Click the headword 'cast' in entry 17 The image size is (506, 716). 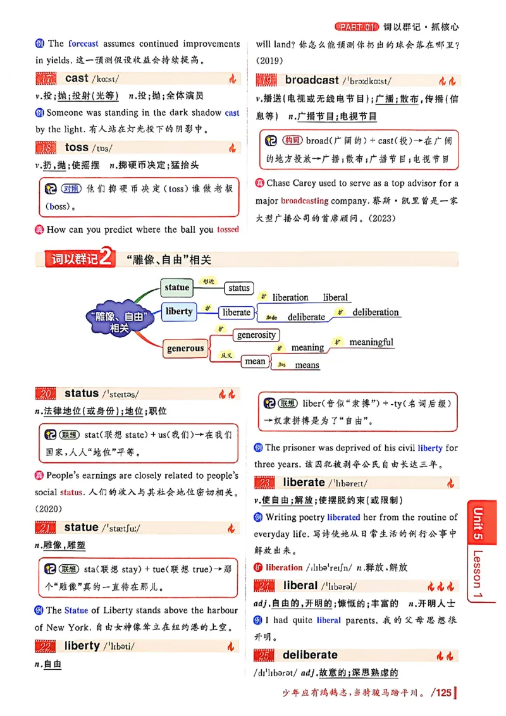point(77,78)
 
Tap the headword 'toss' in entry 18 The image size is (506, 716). point(77,147)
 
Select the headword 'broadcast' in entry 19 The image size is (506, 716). point(312,80)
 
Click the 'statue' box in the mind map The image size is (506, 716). point(176,287)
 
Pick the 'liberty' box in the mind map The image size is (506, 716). point(178,311)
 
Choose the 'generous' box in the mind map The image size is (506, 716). point(185,349)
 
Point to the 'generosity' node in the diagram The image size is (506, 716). point(256,335)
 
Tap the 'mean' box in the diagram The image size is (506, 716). point(255,362)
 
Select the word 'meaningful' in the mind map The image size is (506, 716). point(371,342)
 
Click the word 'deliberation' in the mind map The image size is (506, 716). point(376,312)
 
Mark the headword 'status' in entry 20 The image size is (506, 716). point(82,393)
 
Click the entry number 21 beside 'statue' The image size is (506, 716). point(45,528)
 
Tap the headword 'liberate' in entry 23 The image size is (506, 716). point(304,483)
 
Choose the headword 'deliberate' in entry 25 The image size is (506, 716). point(310,655)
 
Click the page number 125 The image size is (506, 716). point(441,693)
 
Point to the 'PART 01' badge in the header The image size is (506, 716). point(356,27)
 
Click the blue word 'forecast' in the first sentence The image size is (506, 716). point(83,44)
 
